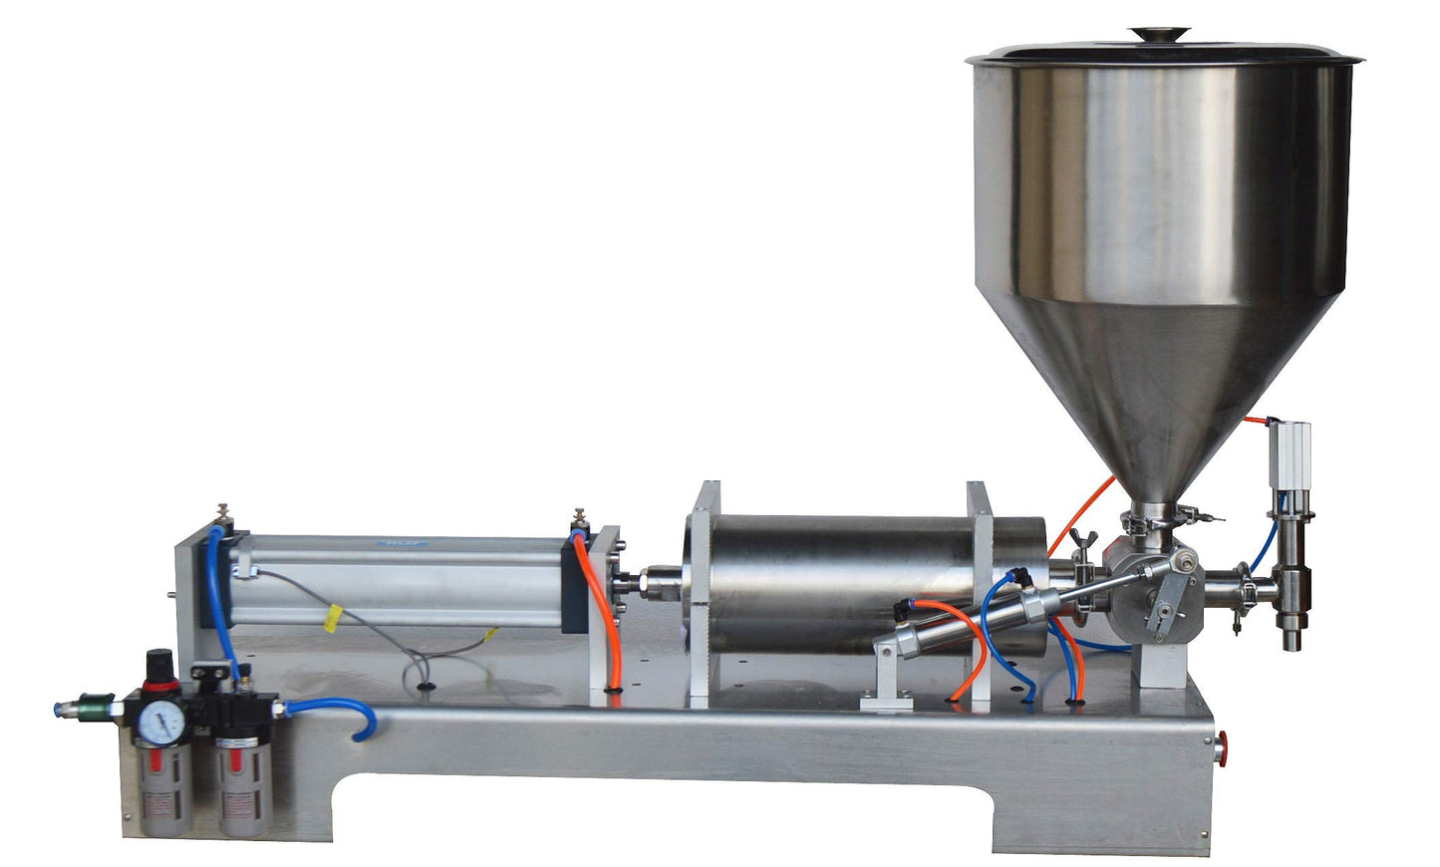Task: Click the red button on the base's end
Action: (1222, 744)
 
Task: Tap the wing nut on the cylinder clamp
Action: (1079, 543)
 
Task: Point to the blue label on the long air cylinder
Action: (401, 545)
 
